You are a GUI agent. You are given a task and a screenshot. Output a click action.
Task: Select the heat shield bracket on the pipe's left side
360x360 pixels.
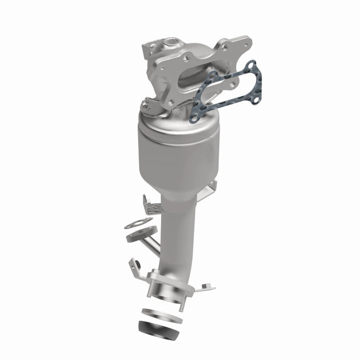coord(150,205)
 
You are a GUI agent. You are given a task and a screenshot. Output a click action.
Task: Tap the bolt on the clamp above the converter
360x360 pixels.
coord(144,104)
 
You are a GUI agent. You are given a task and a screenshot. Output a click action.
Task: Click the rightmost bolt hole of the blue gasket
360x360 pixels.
coord(257,99)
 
